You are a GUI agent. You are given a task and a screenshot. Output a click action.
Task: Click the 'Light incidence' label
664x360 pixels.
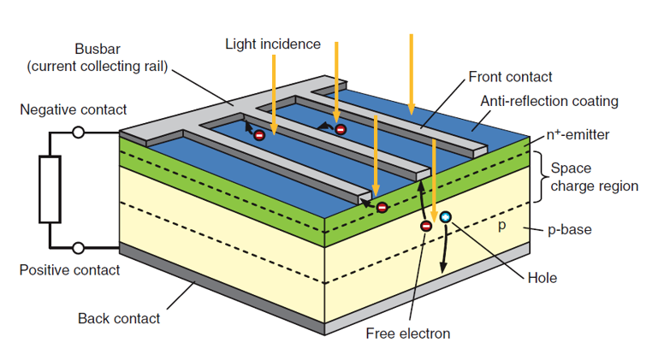(x=273, y=44)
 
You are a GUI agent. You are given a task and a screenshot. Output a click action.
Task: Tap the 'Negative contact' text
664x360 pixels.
(x=74, y=109)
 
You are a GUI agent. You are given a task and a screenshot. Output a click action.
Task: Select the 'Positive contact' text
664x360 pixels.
(x=69, y=270)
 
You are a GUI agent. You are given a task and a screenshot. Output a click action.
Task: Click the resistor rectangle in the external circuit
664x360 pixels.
(x=49, y=190)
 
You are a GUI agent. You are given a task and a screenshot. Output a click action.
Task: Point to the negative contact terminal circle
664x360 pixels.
(x=79, y=133)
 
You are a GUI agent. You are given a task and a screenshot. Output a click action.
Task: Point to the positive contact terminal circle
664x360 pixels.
(x=79, y=248)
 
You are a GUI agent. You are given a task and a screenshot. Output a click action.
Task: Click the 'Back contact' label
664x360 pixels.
(x=119, y=319)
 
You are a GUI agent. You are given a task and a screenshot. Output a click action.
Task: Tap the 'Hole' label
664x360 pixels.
(x=542, y=278)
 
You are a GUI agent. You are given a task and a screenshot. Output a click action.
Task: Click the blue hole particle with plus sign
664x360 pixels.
(x=445, y=218)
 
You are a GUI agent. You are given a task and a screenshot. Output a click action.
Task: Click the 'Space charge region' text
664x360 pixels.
(x=594, y=176)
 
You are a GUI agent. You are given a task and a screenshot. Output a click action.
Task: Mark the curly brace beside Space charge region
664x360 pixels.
(x=538, y=177)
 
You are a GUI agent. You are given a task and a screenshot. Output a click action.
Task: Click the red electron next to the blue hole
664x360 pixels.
(x=426, y=226)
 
